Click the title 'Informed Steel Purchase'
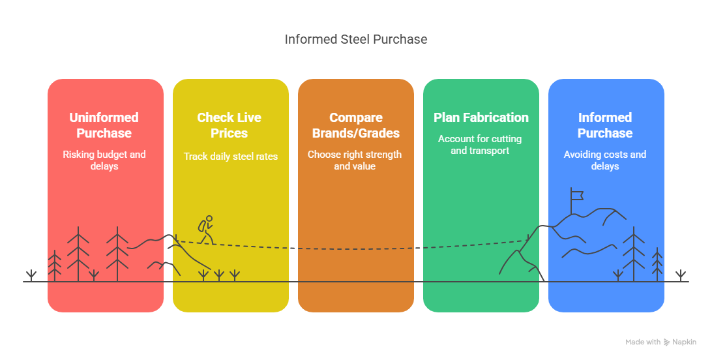coord(355,40)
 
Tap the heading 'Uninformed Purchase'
coord(104,125)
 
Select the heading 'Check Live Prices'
coord(230,125)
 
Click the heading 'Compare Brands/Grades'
coord(356,125)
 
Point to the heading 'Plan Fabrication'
coord(481,117)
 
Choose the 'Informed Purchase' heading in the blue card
coord(605,125)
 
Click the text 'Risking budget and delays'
coord(104,160)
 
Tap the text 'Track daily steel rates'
coord(231,156)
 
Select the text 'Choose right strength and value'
coord(355,160)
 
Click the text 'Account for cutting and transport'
coord(480,145)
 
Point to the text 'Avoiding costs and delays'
coord(605,160)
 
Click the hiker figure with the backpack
coord(206,230)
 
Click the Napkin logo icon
coord(666,342)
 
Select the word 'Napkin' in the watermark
coord(685,342)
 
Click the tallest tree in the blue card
coord(634,254)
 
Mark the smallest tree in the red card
coord(55,266)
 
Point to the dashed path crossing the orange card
coord(355,248)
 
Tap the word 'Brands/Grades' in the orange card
coord(356,133)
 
